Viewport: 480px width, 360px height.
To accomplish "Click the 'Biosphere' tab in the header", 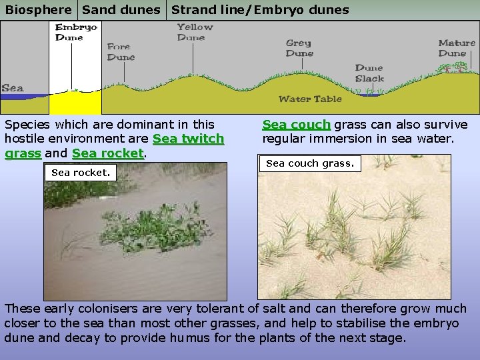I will tap(39, 10).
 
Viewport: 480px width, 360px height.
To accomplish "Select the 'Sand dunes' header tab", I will tap(121, 10).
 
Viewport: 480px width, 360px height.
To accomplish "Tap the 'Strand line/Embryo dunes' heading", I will tap(260, 10).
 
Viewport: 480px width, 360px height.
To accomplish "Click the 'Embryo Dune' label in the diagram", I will tap(76, 32).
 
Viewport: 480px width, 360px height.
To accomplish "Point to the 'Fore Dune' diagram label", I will tap(121, 52).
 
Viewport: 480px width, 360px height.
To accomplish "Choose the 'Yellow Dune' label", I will tap(195, 32).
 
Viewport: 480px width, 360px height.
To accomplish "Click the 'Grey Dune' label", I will tap(299, 48).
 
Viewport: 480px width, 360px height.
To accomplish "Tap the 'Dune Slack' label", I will tap(369, 73).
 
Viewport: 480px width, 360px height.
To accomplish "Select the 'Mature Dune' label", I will tap(457, 48).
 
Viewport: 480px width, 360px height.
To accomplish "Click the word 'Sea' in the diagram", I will tap(13, 88).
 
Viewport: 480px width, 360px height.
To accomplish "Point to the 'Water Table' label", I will tap(310, 99).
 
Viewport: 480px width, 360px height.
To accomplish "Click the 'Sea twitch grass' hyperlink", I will tap(189, 139).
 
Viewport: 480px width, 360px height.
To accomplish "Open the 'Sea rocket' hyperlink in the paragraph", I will tap(108, 153).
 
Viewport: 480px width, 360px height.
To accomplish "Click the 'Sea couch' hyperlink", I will tap(296, 125).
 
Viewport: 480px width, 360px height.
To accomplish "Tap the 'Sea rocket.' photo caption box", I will tap(81, 173).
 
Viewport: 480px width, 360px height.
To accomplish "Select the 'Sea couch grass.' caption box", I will tap(310, 163).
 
